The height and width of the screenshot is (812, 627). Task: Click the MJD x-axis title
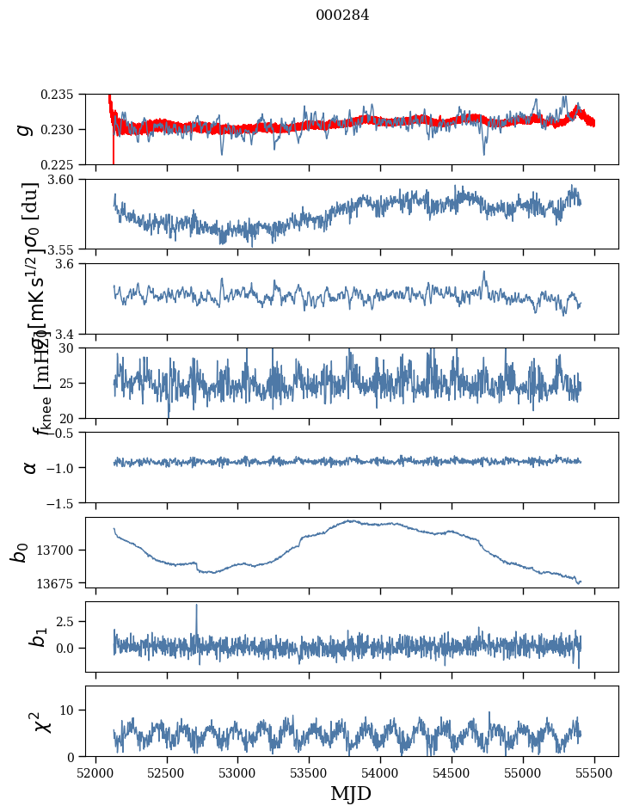[351, 794]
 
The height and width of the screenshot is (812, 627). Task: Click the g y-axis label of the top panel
[25, 129]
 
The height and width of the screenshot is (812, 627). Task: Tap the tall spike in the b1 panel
[196, 606]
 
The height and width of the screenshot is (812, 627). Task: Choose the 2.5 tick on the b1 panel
[70, 621]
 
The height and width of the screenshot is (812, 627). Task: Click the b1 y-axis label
[37, 637]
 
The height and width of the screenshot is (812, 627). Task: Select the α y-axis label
[30, 467]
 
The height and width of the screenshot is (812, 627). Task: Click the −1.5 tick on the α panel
[65, 502]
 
